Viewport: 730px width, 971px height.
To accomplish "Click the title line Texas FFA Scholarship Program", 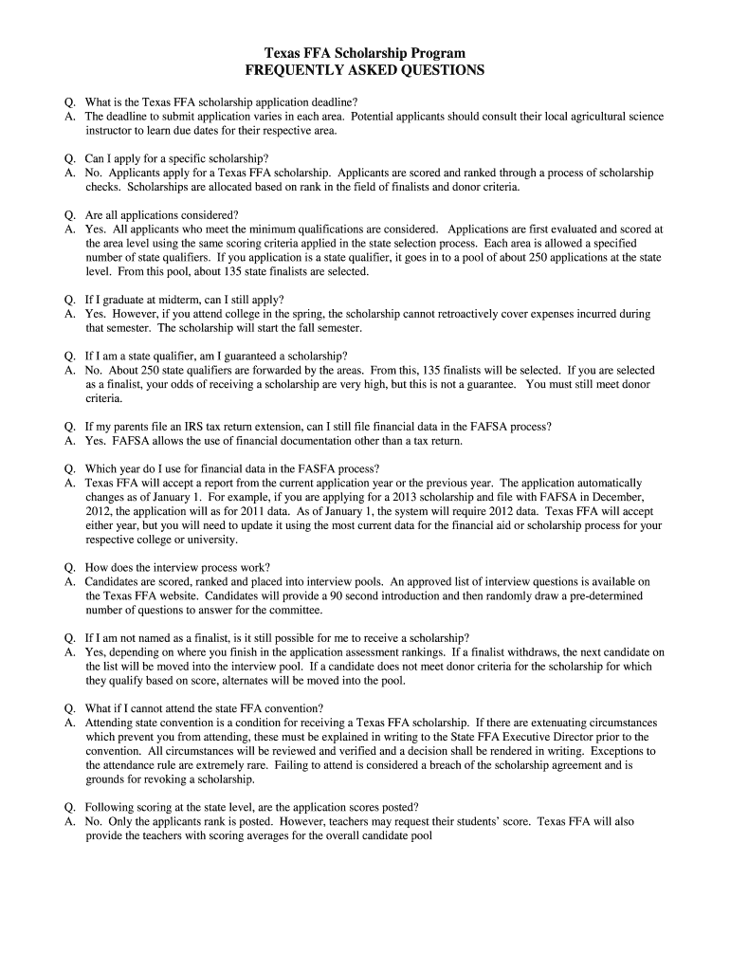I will (365, 53).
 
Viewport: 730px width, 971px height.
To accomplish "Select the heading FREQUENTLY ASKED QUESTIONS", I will (365, 70).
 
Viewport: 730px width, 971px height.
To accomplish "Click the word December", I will (615, 497).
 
